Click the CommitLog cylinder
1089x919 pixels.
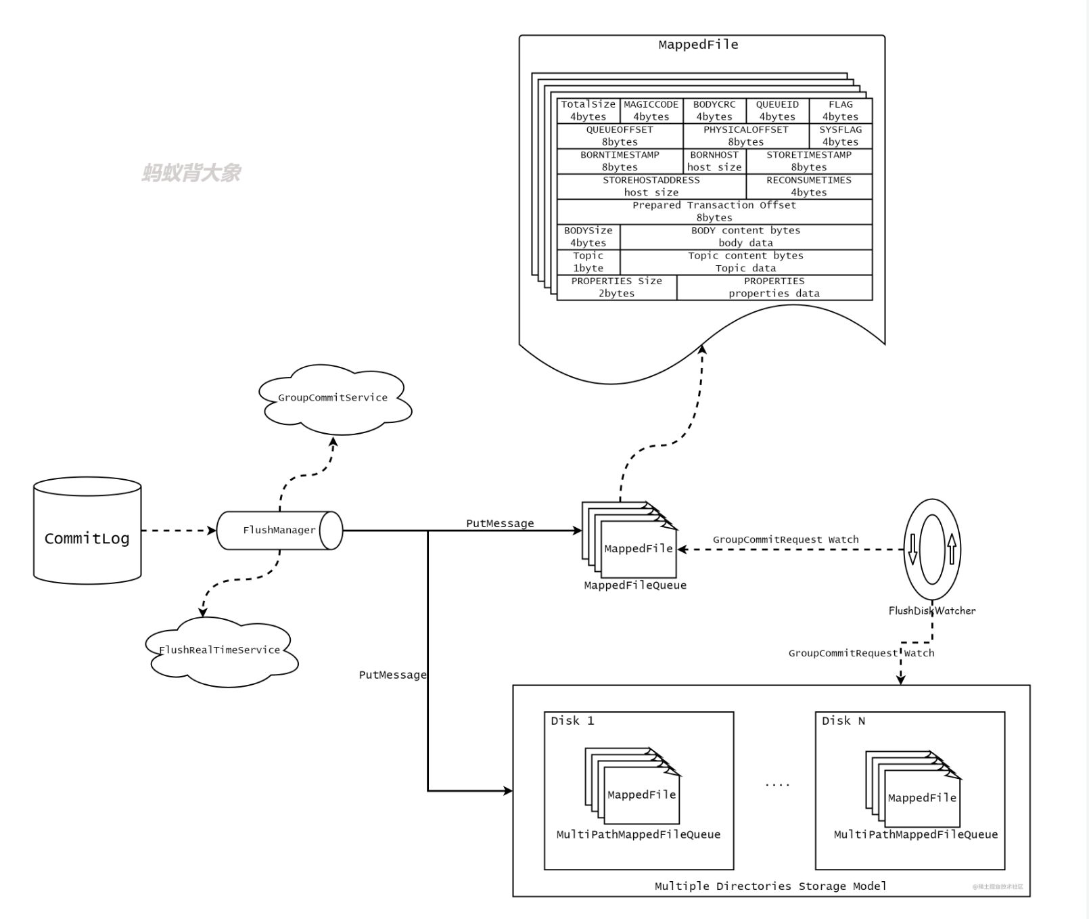(87, 531)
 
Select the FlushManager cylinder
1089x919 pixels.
(279, 531)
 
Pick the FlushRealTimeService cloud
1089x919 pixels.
(221, 651)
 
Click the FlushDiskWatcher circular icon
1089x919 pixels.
(932, 550)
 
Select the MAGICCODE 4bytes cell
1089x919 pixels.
(651, 110)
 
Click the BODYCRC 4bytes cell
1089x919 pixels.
(714, 110)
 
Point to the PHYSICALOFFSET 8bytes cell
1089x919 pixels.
(745, 135)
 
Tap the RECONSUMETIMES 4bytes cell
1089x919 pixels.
(809, 186)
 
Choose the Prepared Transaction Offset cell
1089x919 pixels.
(714, 211)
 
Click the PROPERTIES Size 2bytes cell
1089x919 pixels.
(616, 287)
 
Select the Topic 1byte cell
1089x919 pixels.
(588, 262)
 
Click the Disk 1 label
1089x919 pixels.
(572, 721)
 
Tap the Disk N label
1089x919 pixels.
(843, 721)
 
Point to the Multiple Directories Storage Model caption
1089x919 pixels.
(770, 886)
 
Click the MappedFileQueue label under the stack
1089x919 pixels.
(635, 585)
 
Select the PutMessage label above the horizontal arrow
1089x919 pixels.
(500, 523)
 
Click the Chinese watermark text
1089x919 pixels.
(191, 173)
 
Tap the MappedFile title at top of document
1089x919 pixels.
(698, 45)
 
